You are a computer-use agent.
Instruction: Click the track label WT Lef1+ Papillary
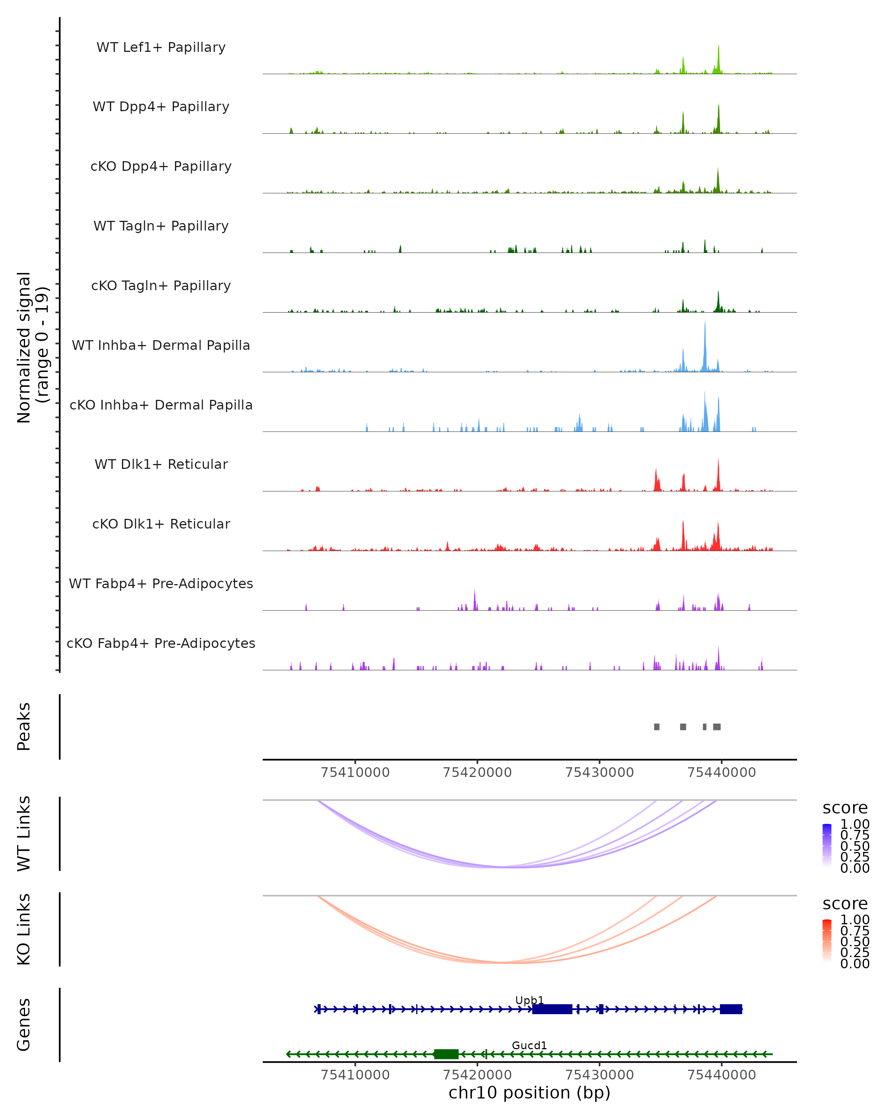161,47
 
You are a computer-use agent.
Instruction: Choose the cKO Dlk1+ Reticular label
161,524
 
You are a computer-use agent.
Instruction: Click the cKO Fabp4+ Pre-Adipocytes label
161,643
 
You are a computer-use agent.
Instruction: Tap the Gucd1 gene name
529,1045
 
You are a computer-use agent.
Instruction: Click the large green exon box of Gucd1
446,1054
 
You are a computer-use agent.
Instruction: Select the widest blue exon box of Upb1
552,1009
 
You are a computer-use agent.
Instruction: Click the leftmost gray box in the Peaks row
657,727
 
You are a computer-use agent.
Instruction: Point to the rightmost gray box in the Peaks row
717,727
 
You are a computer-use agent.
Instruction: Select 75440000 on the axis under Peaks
722,772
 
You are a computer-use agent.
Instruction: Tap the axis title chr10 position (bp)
529,1093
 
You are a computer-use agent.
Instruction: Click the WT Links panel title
24,834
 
